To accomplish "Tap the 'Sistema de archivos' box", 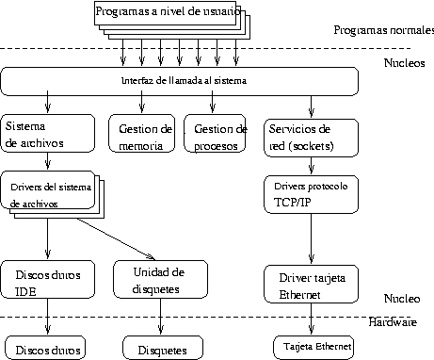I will [47, 134].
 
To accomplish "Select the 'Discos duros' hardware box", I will [42, 346].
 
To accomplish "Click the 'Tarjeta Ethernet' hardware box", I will [313, 347].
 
